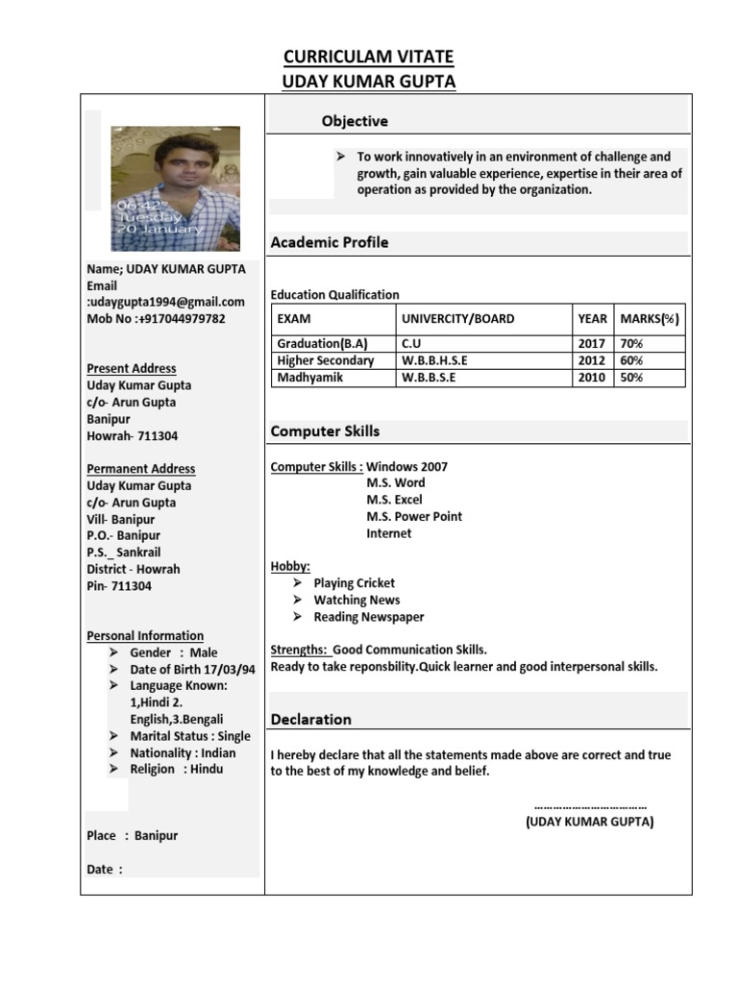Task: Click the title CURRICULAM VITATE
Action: point(369,58)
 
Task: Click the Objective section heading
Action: point(355,121)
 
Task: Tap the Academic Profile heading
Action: point(330,242)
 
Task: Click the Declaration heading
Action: point(310,719)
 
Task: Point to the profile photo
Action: point(176,188)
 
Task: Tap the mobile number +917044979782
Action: point(156,319)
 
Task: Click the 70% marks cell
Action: point(631,344)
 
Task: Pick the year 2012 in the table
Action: point(592,360)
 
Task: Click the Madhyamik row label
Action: point(309,378)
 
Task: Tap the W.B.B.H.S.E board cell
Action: point(434,360)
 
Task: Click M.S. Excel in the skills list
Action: point(394,500)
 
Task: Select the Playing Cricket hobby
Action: point(354,583)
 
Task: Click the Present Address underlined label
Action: point(132,368)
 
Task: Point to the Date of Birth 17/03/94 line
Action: point(192,670)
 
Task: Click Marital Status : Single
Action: point(190,736)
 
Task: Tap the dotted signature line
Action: point(589,806)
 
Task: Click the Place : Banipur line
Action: point(132,836)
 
